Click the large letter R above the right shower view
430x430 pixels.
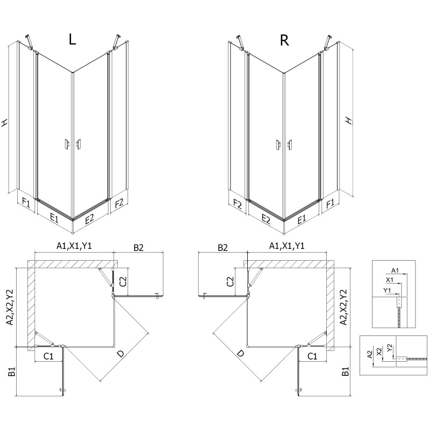click(x=285, y=40)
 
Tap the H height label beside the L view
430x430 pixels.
click(x=5, y=123)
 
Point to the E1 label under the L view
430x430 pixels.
click(x=54, y=218)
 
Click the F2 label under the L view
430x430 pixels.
click(x=119, y=203)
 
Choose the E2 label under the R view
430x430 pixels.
click(x=266, y=218)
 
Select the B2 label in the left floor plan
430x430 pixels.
click(x=138, y=248)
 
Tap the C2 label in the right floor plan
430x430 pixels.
click(x=231, y=280)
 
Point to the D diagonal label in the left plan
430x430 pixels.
click(x=121, y=353)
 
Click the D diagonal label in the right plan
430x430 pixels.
click(x=240, y=353)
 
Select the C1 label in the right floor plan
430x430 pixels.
click(x=312, y=356)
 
